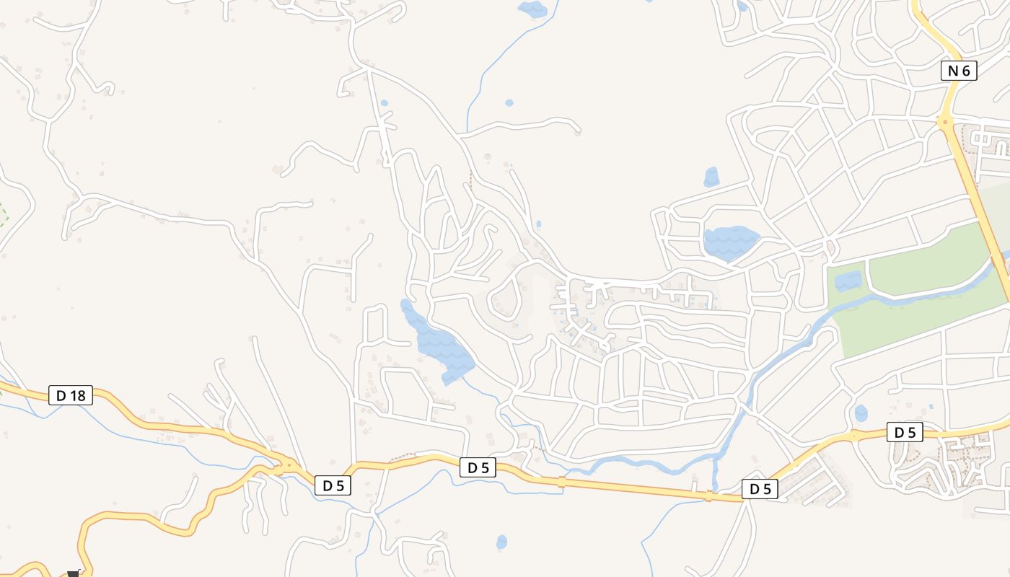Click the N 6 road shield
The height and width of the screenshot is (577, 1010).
[x=959, y=71]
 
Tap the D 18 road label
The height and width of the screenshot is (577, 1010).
[x=71, y=395]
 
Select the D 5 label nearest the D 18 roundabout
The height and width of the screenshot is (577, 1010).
[x=333, y=485]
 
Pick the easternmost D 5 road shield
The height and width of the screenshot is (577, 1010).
[x=905, y=433]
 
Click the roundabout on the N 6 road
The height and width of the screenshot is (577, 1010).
[x=945, y=121]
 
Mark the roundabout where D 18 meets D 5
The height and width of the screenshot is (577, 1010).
[x=289, y=465]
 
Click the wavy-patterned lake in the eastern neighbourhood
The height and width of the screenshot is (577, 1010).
[x=729, y=242]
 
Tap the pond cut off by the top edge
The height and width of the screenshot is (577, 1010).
[x=532, y=9]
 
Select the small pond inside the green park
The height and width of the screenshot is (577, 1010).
[x=848, y=281]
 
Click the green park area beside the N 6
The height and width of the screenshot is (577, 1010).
[x=923, y=260]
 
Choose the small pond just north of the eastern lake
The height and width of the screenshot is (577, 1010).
[x=711, y=177]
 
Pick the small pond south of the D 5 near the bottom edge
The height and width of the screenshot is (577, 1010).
[x=501, y=542]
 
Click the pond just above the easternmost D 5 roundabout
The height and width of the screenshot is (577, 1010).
[x=861, y=413]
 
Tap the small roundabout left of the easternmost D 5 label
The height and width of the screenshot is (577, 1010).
[x=853, y=436]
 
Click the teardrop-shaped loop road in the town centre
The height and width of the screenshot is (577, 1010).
[x=504, y=299]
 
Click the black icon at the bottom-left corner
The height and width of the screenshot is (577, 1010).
[x=72, y=573]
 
